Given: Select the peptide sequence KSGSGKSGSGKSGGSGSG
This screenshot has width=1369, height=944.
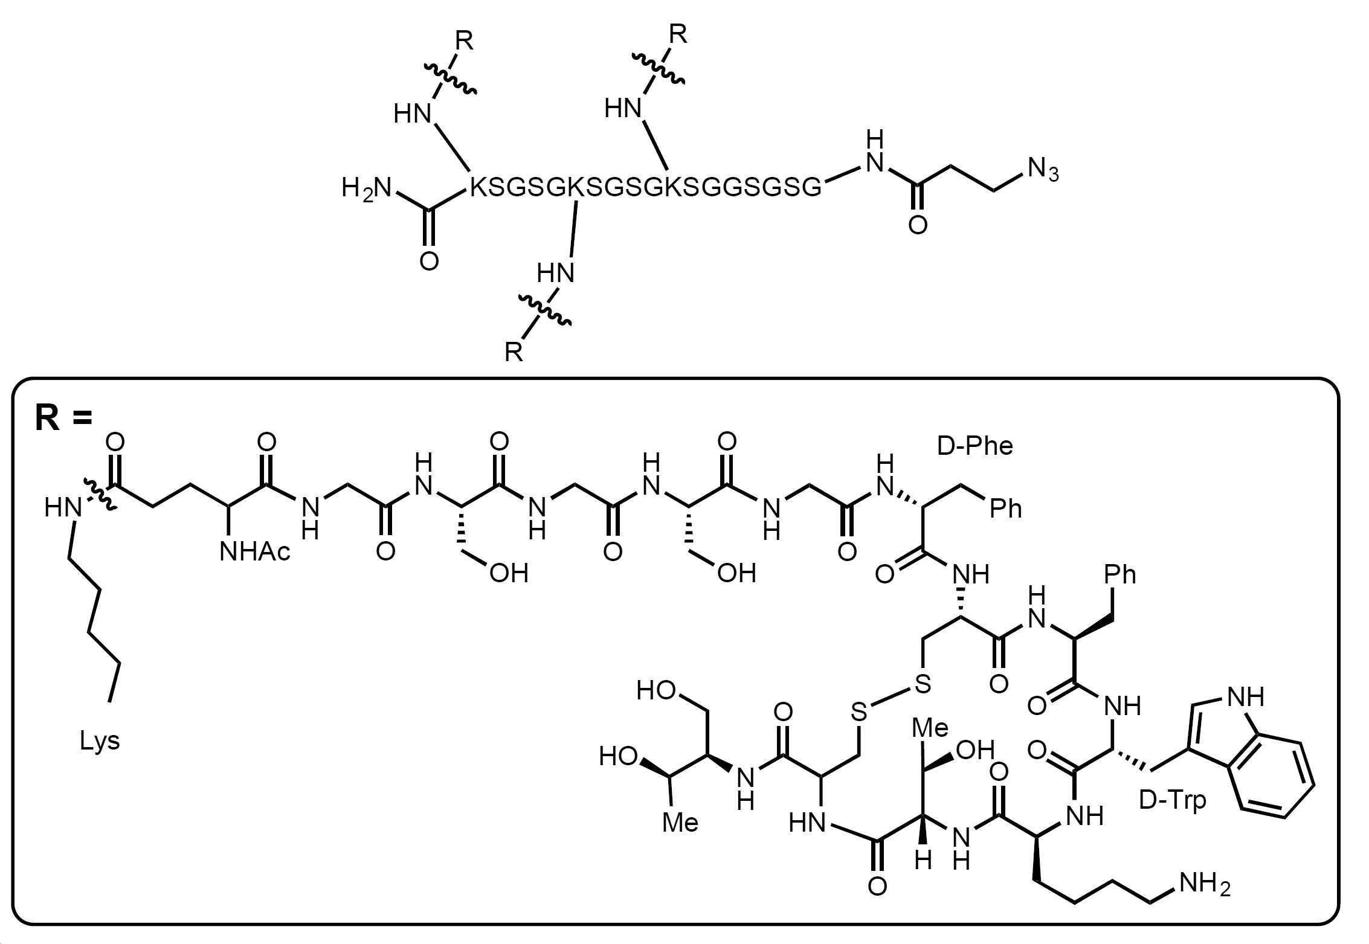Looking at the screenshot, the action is (646, 188).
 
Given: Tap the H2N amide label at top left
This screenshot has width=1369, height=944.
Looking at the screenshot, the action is (367, 188).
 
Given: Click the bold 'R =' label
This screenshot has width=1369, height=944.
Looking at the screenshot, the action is (63, 417).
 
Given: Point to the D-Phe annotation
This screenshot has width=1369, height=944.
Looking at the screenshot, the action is (974, 446).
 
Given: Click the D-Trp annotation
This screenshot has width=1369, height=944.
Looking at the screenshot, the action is (1172, 800).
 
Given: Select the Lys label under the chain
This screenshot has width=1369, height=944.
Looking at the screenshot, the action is (100, 741).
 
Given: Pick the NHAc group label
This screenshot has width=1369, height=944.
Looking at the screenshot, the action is (255, 551).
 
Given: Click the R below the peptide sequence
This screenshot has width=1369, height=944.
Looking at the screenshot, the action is (514, 352).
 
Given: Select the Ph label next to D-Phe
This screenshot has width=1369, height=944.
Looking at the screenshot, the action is (1005, 509).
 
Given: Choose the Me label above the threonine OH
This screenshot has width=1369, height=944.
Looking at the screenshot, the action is (930, 728).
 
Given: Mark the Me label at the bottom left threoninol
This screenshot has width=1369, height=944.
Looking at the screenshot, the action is (680, 823).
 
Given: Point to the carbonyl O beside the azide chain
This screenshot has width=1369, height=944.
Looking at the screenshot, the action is (918, 225).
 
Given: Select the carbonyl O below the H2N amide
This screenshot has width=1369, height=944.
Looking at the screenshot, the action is (429, 261).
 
